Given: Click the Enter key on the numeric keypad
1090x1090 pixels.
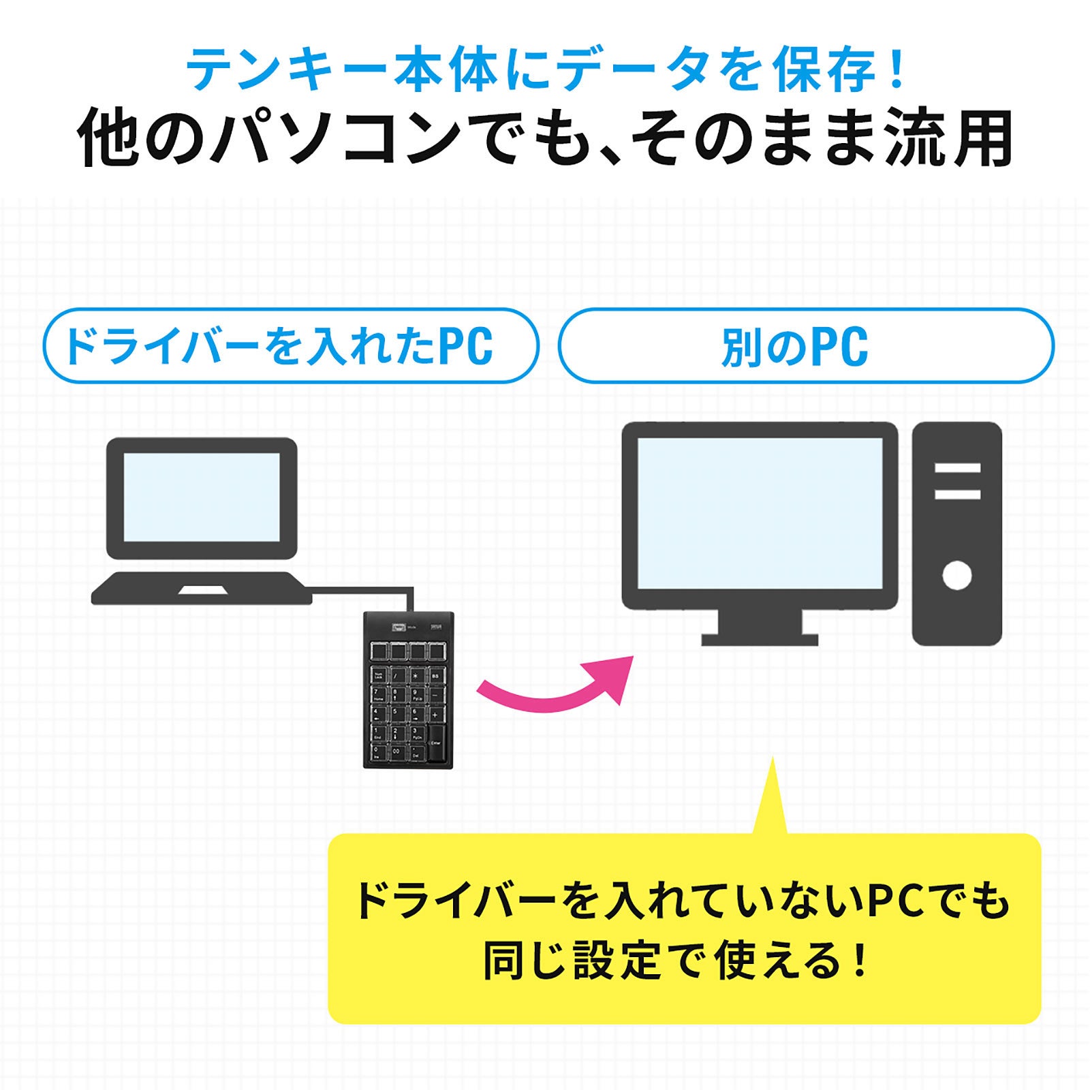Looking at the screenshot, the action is (x=436, y=743).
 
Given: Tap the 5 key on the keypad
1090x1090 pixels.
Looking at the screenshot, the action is (x=396, y=715).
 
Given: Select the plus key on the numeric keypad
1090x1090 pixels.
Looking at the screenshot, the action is (x=436, y=715).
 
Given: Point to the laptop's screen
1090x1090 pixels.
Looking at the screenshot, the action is (x=202, y=497).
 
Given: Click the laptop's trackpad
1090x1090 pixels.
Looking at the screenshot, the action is (x=202, y=589).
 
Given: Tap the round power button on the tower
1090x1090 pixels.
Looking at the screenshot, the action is (x=956, y=576).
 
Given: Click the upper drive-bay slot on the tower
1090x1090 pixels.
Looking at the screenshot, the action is (x=956, y=468).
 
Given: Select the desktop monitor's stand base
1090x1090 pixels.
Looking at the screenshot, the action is (x=759, y=640).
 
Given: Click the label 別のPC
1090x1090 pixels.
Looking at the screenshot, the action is (x=794, y=347).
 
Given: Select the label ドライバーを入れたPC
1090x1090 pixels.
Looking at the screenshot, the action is (x=279, y=347).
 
